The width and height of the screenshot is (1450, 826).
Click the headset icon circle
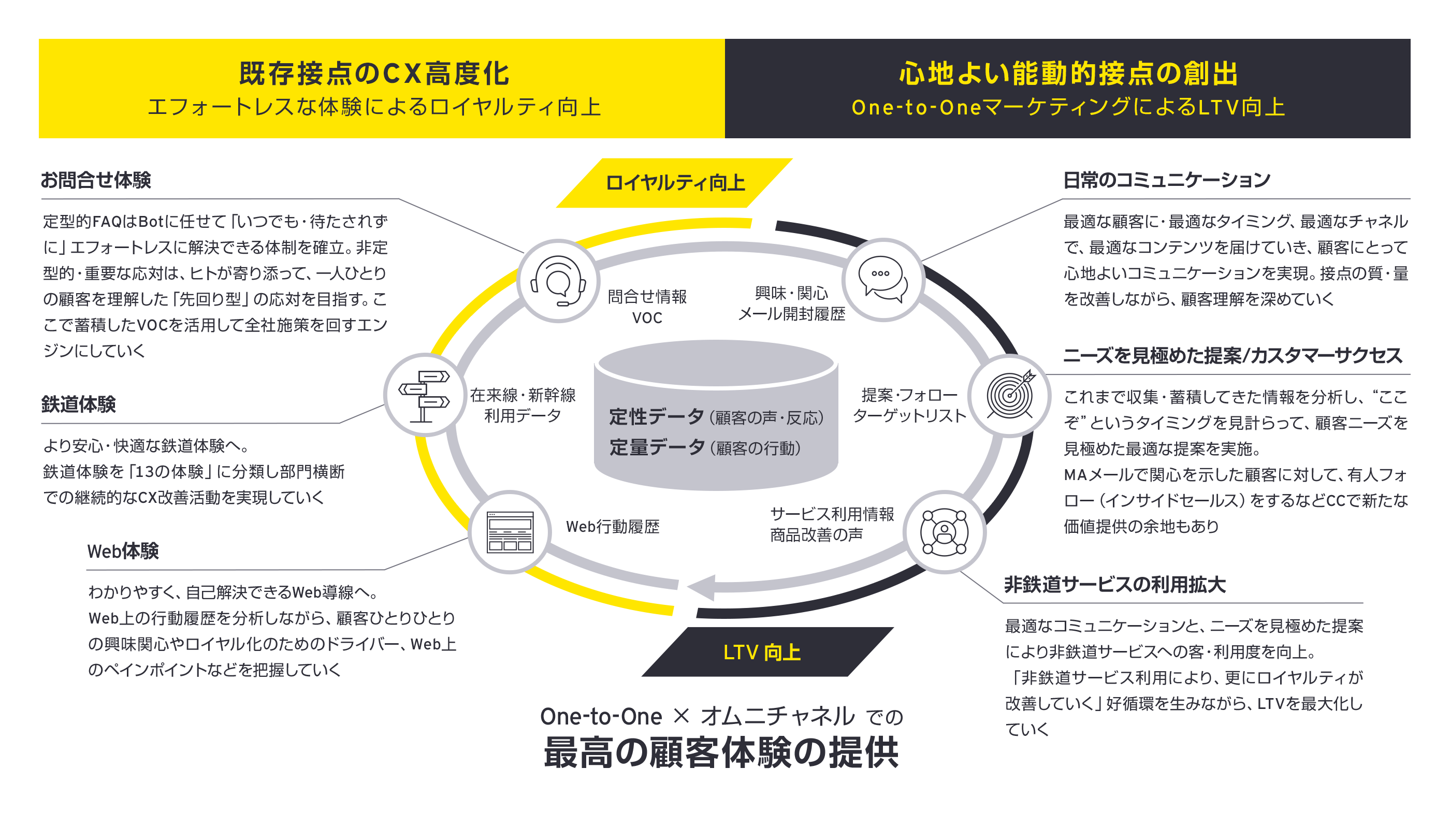point(558,281)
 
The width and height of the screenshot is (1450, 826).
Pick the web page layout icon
point(510,531)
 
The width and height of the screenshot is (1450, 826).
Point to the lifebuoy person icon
point(944,531)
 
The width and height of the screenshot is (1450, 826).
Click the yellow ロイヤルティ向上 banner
point(675,183)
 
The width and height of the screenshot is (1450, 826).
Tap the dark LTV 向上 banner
point(762,652)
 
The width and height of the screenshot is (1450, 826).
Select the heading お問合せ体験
point(96,180)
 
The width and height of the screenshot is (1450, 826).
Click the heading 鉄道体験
point(78,404)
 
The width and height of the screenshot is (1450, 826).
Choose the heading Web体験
point(123,551)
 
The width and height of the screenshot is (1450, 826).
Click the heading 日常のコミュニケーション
point(1166,180)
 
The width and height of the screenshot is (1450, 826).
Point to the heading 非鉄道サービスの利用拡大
point(1115,584)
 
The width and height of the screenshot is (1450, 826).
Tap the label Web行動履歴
point(613,527)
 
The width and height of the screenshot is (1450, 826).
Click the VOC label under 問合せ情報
point(647,317)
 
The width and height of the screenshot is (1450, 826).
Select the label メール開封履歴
point(791,314)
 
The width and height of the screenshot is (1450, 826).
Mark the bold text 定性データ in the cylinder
point(656,416)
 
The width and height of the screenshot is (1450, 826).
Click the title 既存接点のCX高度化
point(374,74)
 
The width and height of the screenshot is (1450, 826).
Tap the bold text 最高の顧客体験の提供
point(721,752)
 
